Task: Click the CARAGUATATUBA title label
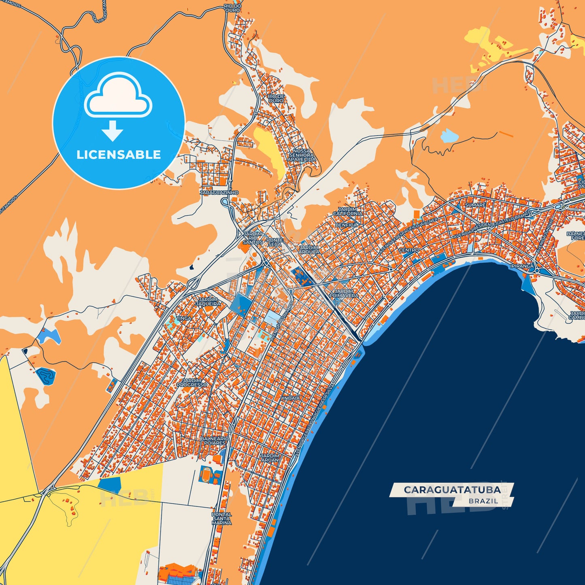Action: point(452,490)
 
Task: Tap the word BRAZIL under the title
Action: point(483,501)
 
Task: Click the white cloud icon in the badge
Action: point(118,96)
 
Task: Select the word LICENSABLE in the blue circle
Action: point(119,155)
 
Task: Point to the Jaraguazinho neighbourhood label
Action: point(219,193)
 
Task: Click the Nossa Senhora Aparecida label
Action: point(302,155)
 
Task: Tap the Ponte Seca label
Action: point(274,242)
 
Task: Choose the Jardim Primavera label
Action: point(344,294)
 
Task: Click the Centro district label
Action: point(409,250)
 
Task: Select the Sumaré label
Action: point(475,205)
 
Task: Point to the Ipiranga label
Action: point(522,266)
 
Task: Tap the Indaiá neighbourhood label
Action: point(291,398)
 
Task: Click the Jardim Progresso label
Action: point(192,383)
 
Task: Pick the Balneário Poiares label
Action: point(215,441)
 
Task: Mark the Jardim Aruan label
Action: point(270,458)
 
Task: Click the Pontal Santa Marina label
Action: point(221,519)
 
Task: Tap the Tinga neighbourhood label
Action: point(184,319)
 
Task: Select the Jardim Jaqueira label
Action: point(208,302)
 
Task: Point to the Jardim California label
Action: point(348,211)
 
